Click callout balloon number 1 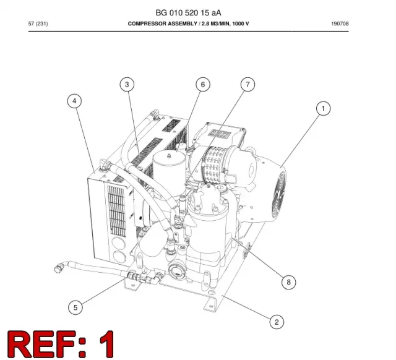pos(323,108)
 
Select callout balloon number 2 pos(277,322)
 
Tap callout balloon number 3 pos(127,84)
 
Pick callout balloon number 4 pos(74,101)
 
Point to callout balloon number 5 pos(75,307)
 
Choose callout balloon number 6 pos(203,84)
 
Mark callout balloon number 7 pos(247,84)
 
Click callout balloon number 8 pos(289,282)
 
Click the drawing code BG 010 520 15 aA pos(188,12)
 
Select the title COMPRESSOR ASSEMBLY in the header pos(162,24)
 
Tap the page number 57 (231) pos(38,24)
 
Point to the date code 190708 pos(340,24)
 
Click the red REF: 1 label pos(61,343)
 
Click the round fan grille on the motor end pos(279,195)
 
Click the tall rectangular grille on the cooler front pos(117,211)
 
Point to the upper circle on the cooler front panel pos(118,243)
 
